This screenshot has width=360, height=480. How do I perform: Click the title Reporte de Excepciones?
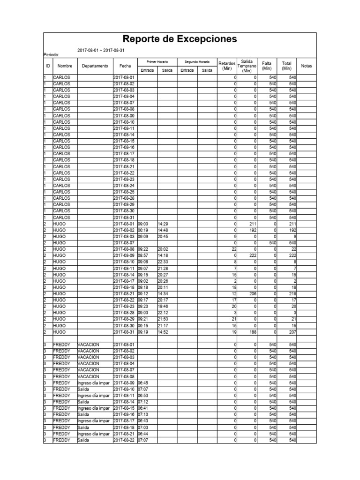click(180, 40)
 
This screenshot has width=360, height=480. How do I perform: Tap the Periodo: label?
click(52, 55)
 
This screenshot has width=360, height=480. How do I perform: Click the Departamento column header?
click(95, 66)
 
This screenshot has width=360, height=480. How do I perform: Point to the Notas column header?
click(307, 66)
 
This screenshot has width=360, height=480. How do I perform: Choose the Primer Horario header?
click(157, 62)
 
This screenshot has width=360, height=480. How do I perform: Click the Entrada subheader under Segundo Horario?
click(187, 70)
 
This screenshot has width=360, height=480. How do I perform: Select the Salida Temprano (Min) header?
click(247, 66)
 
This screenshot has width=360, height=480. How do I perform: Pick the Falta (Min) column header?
click(267, 66)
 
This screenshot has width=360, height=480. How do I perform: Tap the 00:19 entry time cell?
click(142, 231)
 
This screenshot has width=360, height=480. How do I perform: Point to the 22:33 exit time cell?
click(163, 262)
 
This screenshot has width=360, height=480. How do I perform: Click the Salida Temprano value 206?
click(252, 294)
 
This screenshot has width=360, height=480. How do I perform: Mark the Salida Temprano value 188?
click(252, 332)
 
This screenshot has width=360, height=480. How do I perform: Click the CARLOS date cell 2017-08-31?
click(124, 217)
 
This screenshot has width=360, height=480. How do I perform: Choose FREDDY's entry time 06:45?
click(142, 383)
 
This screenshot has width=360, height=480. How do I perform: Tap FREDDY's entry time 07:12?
click(142, 402)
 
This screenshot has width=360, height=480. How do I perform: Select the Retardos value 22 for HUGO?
click(232, 249)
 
